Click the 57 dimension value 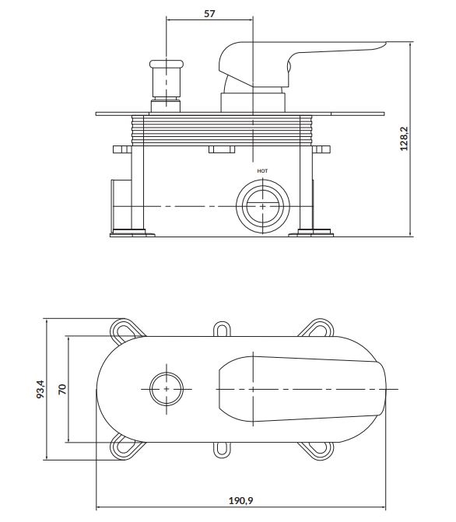[209, 13]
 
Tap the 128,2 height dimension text [404, 138]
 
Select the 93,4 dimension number [40, 389]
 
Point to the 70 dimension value [62, 389]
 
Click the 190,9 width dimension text [240, 500]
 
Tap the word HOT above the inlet [262, 171]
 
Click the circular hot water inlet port [263, 206]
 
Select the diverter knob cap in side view [167, 64]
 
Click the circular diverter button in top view [167, 389]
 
